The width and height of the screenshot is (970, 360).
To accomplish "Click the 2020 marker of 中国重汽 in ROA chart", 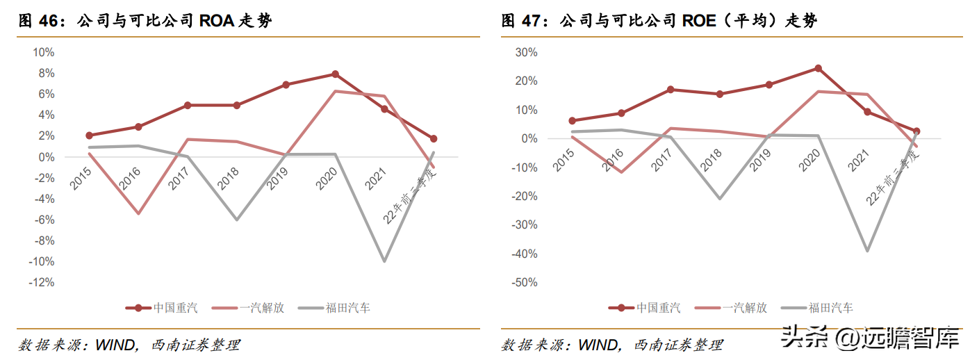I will coord(335,74).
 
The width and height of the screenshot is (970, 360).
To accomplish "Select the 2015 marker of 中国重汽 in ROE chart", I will coord(573,121).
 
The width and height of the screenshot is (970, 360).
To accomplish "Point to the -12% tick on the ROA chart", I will coord(42,282).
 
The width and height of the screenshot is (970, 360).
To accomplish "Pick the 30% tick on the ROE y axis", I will coord(526,52).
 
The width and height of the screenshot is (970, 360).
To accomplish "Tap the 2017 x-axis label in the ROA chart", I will coord(179,177).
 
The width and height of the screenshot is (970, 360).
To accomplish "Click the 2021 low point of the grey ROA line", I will coord(384,261).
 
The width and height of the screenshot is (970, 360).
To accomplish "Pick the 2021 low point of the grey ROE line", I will coord(867,251).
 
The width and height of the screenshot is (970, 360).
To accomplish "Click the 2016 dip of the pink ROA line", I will coord(138,213).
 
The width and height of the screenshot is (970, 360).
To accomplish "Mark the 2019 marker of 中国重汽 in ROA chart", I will coord(286,85).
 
